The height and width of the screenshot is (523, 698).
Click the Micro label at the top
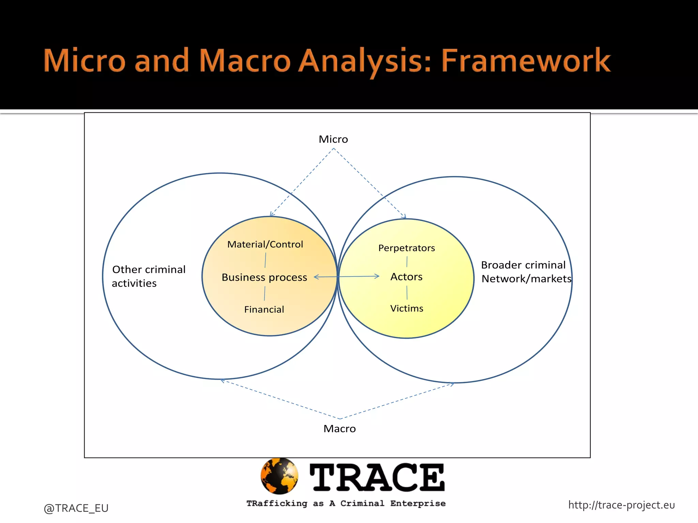[333, 139]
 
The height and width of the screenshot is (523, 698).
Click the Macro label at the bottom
[339, 429]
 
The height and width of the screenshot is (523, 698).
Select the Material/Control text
[265, 244]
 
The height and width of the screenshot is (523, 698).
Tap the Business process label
[264, 278]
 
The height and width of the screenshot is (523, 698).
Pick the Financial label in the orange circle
[264, 310]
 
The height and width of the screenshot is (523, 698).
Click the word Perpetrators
[407, 248]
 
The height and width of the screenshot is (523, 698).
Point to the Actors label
[406, 277]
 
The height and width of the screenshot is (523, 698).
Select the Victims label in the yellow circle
[407, 308]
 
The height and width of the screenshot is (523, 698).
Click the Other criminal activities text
[149, 276]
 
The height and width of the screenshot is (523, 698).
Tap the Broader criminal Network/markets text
[526, 272]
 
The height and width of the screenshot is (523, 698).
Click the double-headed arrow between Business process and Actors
[346, 276]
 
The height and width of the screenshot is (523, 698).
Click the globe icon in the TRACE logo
[279, 476]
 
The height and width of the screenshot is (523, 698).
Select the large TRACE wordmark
[377, 478]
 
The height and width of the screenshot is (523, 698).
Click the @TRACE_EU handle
[76, 508]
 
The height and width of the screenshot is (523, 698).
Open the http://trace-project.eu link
[621, 505]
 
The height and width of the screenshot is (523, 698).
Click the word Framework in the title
[526, 61]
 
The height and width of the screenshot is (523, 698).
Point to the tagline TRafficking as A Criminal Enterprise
[346, 504]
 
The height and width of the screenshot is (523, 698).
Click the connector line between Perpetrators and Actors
[407, 262]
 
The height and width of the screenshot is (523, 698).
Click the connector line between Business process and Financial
[264, 294]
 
